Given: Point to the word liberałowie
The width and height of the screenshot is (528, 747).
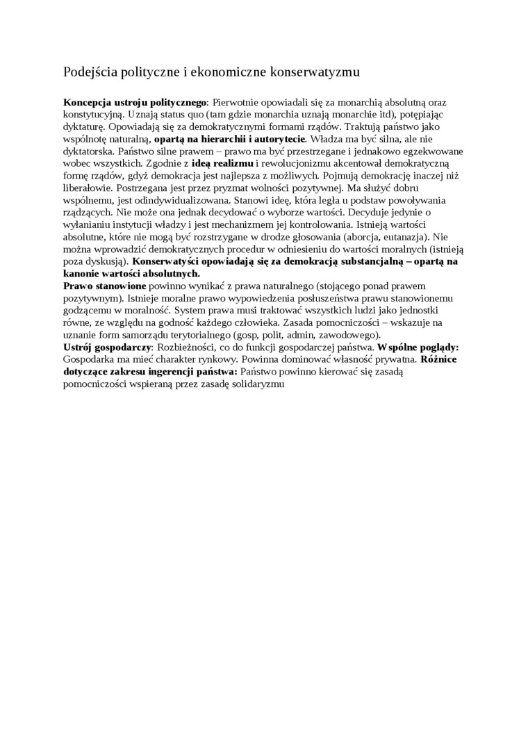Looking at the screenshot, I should [86, 188].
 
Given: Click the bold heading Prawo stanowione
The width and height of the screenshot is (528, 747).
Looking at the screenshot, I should [105, 286].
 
